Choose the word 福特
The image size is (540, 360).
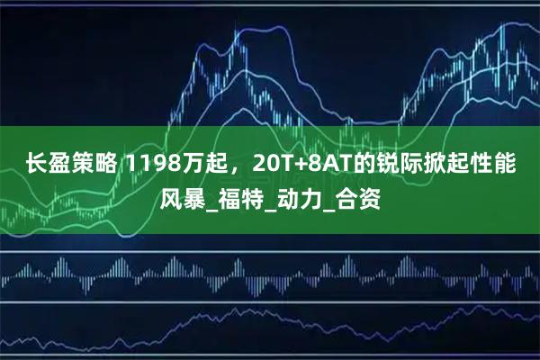pyautogui.click(x=242, y=195)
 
